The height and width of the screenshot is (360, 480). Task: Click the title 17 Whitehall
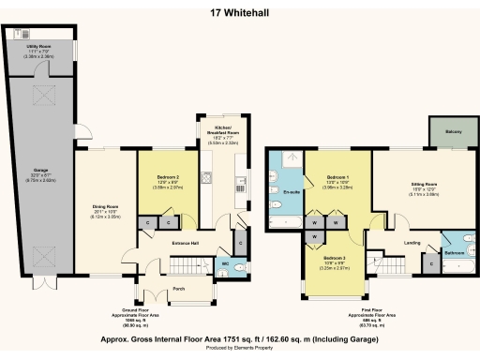pos(240,13)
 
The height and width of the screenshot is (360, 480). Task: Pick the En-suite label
pos(290,193)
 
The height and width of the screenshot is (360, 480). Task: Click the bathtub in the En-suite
pos(287,221)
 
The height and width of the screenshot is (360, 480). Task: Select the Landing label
pos(410,243)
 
